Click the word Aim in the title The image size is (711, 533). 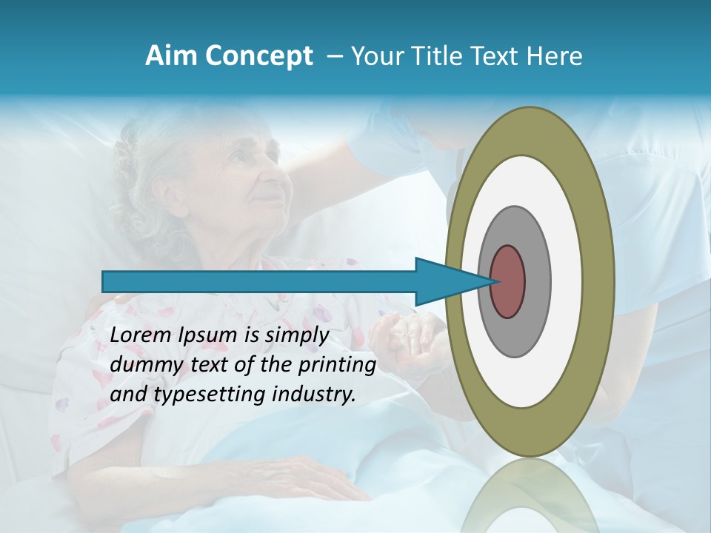(x=171, y=56)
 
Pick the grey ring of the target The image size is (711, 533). (x=537, y=281)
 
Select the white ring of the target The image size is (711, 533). (x=567, y=281)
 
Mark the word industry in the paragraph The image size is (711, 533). (x=314, y=395)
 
